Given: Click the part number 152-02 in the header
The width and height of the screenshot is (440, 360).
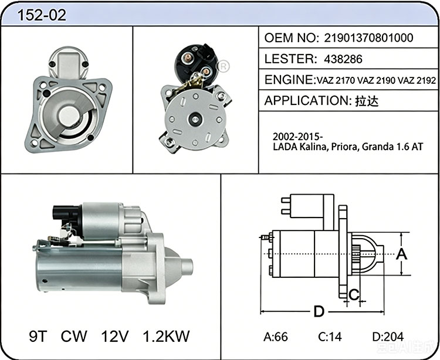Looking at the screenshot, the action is (x=42, y=15).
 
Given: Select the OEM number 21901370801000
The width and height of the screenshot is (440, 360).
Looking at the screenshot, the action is (x=368, y=38).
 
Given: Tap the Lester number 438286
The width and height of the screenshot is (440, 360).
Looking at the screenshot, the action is (x=343, y=59).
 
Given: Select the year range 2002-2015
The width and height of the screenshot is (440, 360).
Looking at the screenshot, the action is (x=297, y=137).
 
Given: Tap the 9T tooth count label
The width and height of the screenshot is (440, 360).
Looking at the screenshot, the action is (x=38, y=336).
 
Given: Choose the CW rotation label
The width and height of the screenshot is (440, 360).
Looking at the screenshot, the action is (x=74, y=336).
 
